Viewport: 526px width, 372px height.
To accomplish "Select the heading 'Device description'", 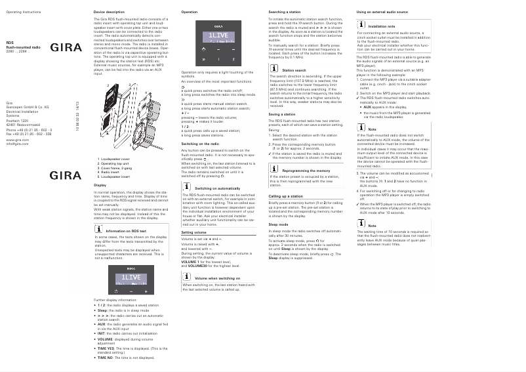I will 108,12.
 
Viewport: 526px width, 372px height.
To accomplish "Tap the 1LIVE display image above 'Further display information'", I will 133,281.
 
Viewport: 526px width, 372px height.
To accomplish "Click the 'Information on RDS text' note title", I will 126,231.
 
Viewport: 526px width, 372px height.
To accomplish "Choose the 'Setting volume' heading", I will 194,233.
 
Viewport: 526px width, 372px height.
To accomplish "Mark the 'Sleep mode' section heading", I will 279,224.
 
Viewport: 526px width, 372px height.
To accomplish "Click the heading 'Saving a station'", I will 282,114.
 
